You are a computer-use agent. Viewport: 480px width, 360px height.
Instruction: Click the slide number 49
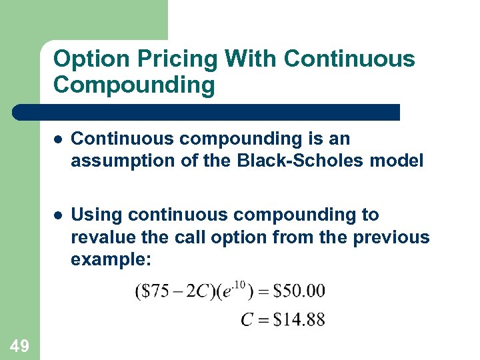coord(20,345)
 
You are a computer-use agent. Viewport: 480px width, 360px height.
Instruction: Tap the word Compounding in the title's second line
coord(133,86)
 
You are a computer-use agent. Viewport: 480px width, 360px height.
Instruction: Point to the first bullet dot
coord(59,139)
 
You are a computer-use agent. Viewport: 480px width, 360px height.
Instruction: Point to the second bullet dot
coord(59,215)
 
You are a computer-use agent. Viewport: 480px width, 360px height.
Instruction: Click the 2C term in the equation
coord(193,291)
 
